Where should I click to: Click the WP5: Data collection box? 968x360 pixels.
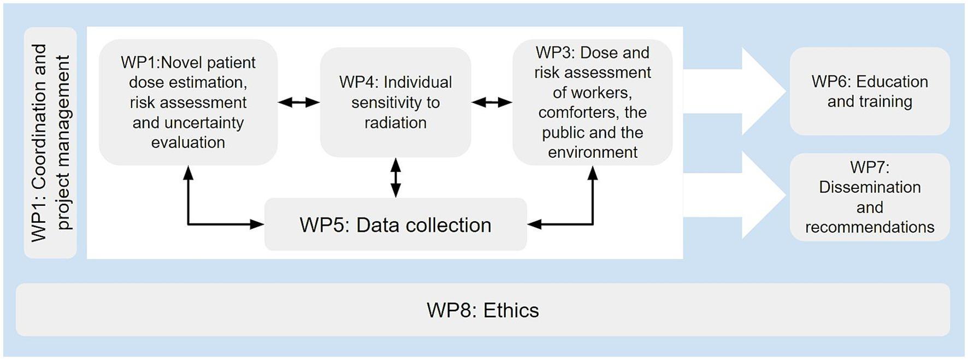[x=396, y=225]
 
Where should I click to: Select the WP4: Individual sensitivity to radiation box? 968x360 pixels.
[x=396, y=102]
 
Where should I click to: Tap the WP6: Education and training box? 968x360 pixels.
[x=870, y=91]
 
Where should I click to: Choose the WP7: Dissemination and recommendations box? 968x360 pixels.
[x=870, y=197]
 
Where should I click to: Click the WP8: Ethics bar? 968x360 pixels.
[x=483, y=310]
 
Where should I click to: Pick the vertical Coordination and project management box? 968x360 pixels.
[x=50, y=143]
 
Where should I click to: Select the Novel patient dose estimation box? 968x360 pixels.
[x=188, y=102]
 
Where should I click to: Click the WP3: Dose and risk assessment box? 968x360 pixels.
[x=593, y=102]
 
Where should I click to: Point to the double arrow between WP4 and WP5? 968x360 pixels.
[x=396, y=178]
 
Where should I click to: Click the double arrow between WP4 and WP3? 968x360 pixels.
[x=492, y=102]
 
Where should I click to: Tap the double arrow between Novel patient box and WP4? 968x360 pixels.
[x=299, y=102]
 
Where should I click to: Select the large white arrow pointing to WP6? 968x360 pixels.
[x=735, y=91]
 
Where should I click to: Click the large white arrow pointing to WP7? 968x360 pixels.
[x=735, y=195]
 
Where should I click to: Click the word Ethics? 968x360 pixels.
[x=511, y=310]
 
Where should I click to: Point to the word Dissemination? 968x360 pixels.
[x=870, y=187]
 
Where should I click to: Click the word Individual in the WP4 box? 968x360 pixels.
[x=418, y=82]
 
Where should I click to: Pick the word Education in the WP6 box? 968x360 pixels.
[x=892, y=81]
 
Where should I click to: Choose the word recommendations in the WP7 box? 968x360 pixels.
[x=870, y=227]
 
